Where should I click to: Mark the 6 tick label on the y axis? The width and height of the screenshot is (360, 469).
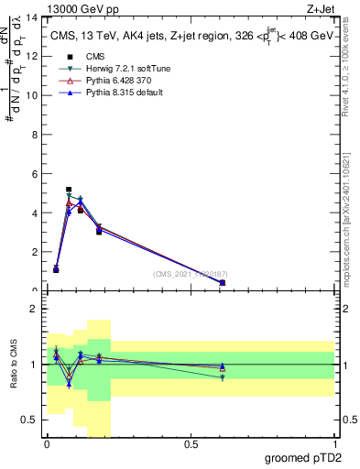coord(36,174)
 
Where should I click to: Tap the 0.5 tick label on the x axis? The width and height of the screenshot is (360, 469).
coord(191,444)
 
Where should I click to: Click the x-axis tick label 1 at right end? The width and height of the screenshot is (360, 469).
coord(334,444)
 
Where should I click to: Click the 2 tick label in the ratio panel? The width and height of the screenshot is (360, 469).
coord(35,310)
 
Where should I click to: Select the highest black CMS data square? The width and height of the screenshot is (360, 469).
coord(69,190)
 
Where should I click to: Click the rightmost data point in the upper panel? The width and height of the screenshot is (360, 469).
coord(223,283)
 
